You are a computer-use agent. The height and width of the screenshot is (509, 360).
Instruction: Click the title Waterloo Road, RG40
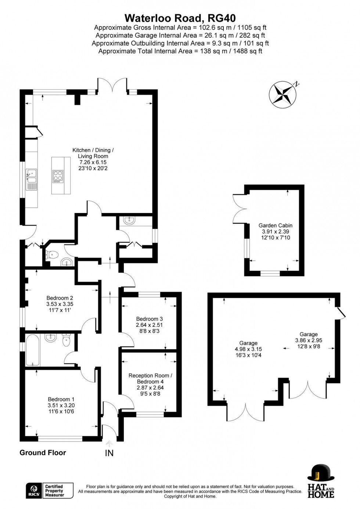(x=180, y=18)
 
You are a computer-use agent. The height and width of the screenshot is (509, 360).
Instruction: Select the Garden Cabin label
(x=275, y=225)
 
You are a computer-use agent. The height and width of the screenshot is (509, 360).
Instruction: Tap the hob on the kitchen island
(x=58, y=176)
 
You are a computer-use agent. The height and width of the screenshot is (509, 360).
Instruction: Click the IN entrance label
(x=109, y=453)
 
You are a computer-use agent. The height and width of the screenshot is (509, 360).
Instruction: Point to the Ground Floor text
(x=43, y=452)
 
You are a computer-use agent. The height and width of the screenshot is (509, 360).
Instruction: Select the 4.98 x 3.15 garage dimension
(x=248, y=349)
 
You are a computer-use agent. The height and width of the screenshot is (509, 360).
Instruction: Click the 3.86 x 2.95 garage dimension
(x=309, y=340)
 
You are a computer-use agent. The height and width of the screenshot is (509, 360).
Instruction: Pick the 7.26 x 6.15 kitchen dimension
(x=93, y=162)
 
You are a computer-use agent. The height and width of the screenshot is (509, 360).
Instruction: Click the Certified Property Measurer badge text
(x=54, y=491)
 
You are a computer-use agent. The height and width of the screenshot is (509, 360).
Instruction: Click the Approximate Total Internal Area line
(x=180, y=51)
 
